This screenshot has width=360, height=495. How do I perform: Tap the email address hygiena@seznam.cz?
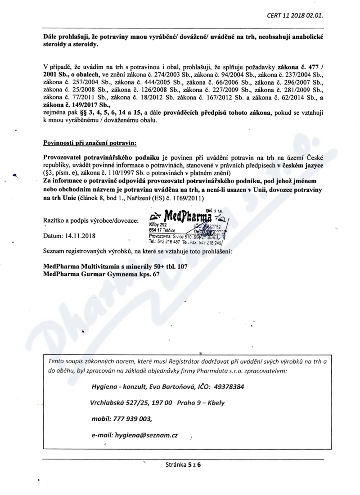coord(147,435)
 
